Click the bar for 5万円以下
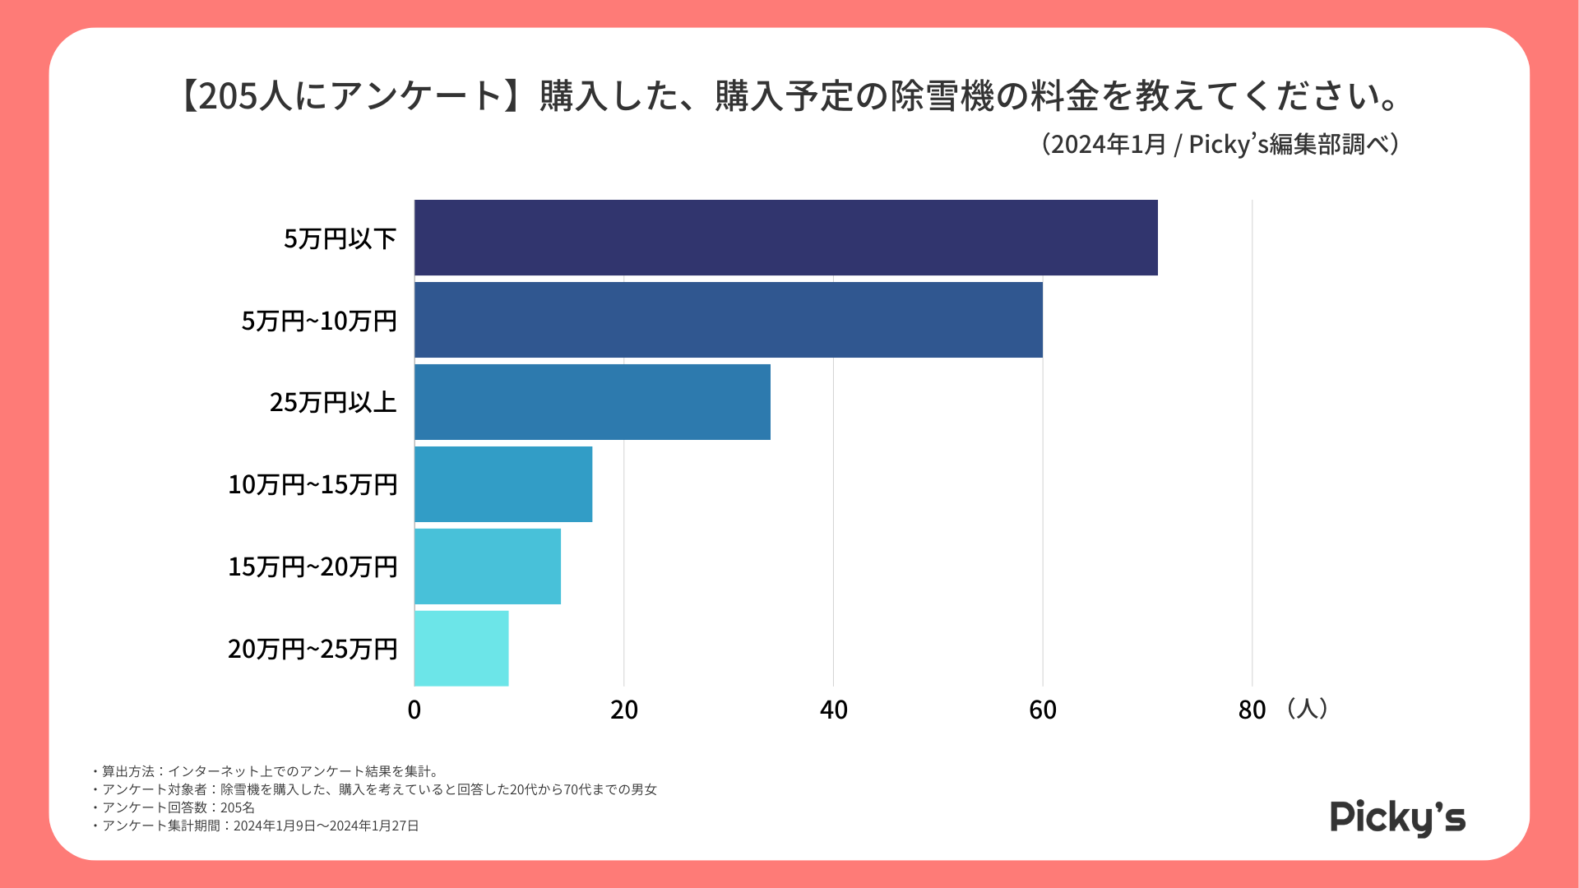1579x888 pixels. coord(785,238)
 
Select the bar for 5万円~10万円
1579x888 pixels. coord(728,320)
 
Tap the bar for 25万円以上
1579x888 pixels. coord(592,402)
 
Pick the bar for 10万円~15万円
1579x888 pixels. coord(503,484)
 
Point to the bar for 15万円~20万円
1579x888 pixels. coord(488,567)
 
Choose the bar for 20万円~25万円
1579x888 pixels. coord(461,649)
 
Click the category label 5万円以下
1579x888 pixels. coord(340,238)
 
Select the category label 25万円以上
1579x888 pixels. coord(333,402)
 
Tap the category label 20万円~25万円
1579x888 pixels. coord(313,649)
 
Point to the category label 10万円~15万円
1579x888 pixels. coord(313,484)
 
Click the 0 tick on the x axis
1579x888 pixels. coord(414,710)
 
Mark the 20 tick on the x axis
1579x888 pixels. coord(624,710)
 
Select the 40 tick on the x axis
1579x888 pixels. coord(834,710)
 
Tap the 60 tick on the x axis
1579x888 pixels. coord(1043,710)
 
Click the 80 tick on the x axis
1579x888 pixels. coord(1252,710)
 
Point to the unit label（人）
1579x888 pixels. coord(1306,708)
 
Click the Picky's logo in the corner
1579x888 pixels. coord(1397,817)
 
